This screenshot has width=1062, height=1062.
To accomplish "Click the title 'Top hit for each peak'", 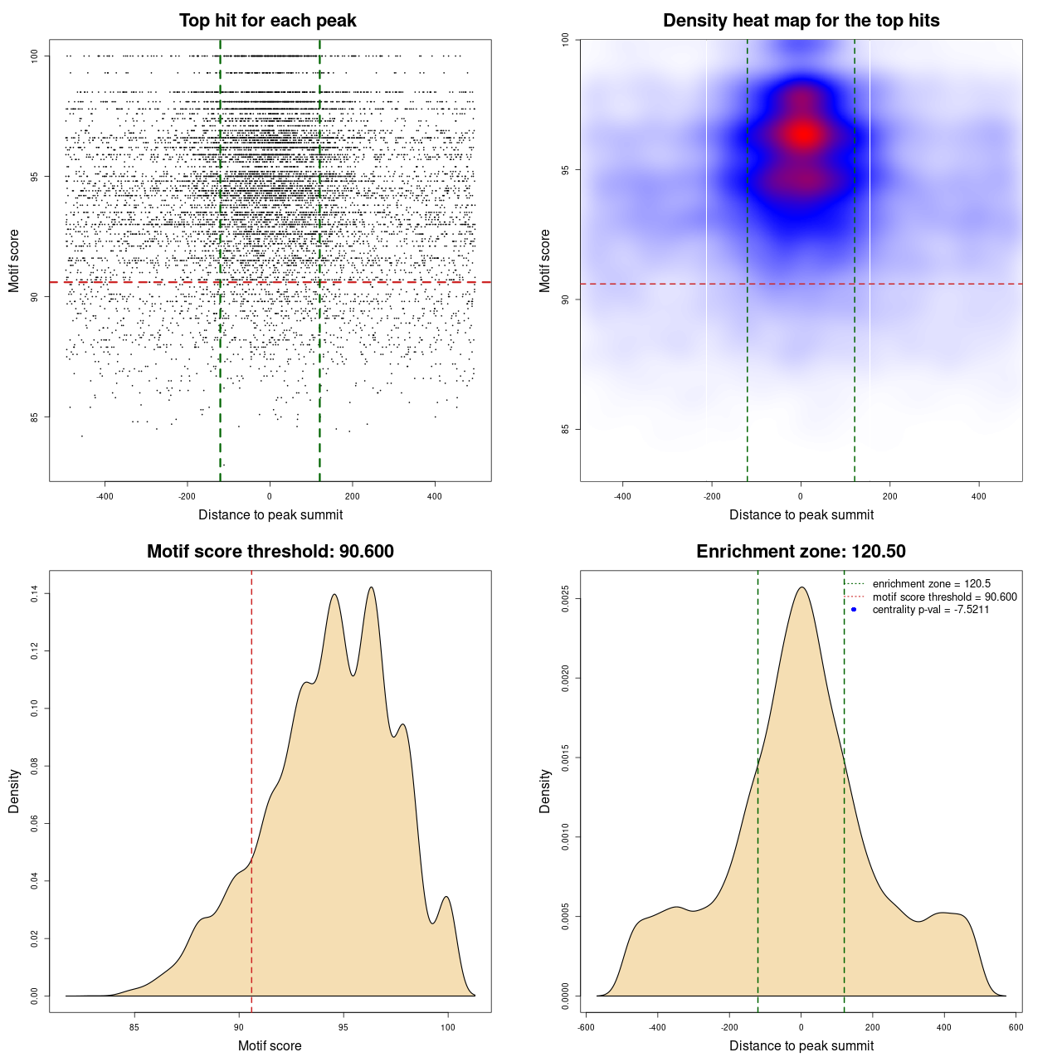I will (267, 21).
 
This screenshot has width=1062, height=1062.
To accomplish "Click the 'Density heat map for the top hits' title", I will (801, 21).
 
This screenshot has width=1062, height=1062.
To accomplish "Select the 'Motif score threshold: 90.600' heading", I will (270, 552).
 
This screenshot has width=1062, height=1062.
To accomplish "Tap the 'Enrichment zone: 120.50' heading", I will (801, 552).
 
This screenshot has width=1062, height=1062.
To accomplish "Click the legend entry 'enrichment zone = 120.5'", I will (931, 584).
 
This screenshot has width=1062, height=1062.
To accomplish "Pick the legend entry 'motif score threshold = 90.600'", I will (944, 597).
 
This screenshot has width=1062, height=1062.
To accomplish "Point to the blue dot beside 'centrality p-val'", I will (854, 610).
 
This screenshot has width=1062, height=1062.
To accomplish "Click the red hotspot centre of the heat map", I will (802, 134).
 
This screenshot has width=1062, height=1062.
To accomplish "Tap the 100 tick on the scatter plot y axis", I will (35, 56).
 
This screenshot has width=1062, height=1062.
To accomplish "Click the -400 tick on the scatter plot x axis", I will (105, 496).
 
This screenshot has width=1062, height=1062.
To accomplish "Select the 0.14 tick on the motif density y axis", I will (35, 593).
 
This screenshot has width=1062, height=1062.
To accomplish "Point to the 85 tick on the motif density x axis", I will (134, 1027).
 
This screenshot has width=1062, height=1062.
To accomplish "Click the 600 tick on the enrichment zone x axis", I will (1016, 1027).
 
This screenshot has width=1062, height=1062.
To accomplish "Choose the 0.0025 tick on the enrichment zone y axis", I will (566, 599).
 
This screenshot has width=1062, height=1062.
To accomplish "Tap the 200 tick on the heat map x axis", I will (889, 496).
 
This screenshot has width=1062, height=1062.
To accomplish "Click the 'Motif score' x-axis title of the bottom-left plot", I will (270, 1045).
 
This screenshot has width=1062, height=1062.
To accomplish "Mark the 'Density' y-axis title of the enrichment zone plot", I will (545, 791).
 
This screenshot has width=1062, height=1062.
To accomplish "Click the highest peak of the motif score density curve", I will (371, 587).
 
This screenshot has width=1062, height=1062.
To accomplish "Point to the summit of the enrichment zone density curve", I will (801, 587).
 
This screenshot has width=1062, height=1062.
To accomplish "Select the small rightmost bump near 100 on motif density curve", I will (446, 897).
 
